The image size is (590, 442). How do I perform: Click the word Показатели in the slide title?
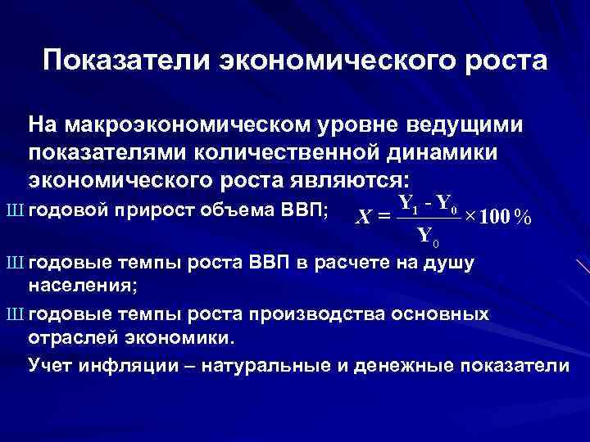119,61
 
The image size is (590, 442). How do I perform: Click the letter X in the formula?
365,217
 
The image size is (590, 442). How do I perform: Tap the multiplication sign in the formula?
470,217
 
